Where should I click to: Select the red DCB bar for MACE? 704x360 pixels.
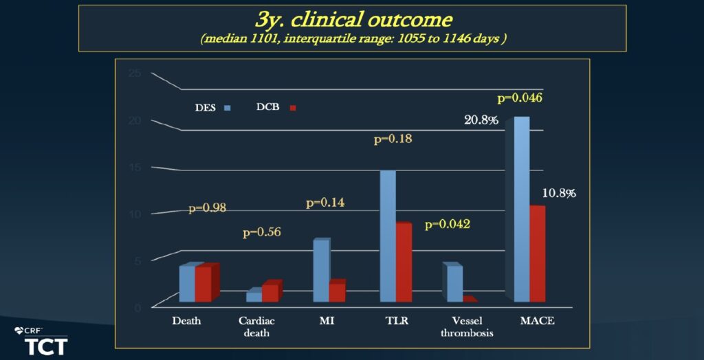click(537, 255)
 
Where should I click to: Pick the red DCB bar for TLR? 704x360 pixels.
click(404, 263)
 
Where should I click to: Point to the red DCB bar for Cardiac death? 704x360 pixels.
click(270, 292)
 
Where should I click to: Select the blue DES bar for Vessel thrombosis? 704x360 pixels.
click(454, 284)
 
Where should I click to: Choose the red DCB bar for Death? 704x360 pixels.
click(203, 284)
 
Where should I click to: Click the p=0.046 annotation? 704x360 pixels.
click(519, 98)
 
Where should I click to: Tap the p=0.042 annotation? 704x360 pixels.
click(447, 224)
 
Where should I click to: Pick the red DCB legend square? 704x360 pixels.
click(291, 108)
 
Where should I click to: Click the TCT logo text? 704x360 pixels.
click(46, 346)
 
